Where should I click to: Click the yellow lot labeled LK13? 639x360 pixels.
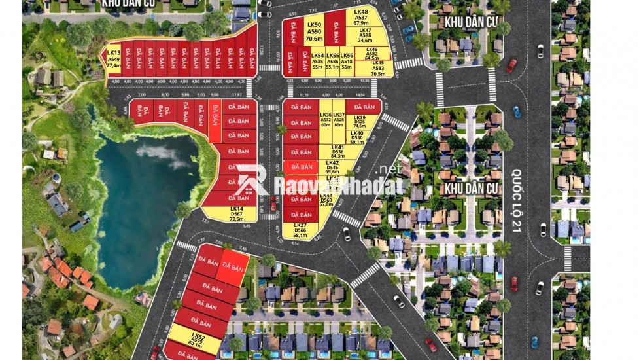tap(113, 60)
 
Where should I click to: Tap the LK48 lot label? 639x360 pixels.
tap(361, 17)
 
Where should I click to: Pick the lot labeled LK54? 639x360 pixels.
tap(318, 62)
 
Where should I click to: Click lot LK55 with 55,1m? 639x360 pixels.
tap(333, 62)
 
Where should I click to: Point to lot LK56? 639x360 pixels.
tap(347, 62)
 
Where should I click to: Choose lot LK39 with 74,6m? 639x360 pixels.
tap(360, 122)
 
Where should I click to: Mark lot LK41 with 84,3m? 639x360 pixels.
tap(338, 152)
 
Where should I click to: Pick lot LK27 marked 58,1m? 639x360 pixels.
tap(300, 230)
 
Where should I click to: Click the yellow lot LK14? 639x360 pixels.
tap(236, 214)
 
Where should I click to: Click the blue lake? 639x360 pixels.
tap(144, 196)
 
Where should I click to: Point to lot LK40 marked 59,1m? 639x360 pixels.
tap(357, 137)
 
